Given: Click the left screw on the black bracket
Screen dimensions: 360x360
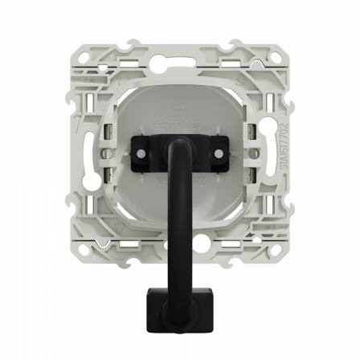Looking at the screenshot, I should click(141, 150).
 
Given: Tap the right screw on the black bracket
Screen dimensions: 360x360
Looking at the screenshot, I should click(218, 150).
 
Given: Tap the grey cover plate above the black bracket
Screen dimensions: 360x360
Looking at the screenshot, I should click(180, 104).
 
